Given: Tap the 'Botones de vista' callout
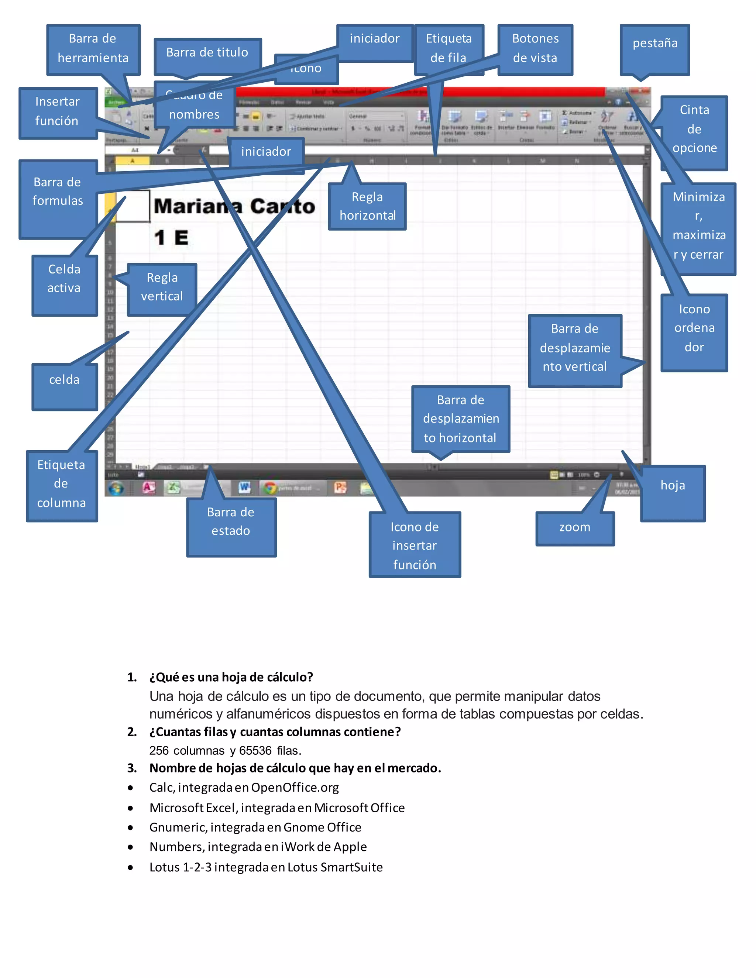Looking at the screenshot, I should (x=535, y=48).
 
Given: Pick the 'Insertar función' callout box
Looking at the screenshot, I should (x=57, y=112).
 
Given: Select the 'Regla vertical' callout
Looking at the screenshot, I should (x=162, y=287).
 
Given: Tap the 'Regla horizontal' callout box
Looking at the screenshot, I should (x=367, y=206).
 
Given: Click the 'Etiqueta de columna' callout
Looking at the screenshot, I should (x=61, y=485).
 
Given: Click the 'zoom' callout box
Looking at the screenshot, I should (x=575, y=527).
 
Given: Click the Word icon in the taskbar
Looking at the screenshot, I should (x=244, y=487).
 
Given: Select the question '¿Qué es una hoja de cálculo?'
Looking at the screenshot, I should (x=231, y=677).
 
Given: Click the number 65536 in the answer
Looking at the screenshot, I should (x=255, y=751).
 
